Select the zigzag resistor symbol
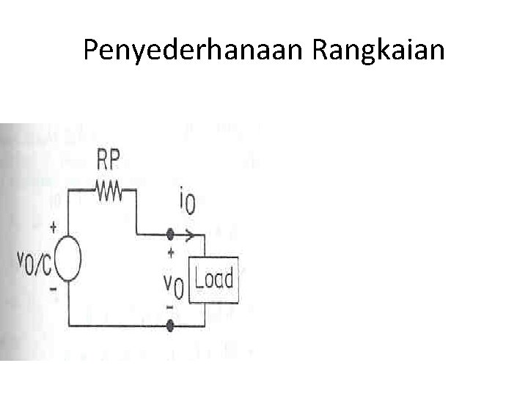[x=110, y=191]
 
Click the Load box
[x=214, y=279]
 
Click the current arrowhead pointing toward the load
[x=192, y=235]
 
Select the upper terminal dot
[x=171, y=235]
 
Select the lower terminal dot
[x=171, y=323]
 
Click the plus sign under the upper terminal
[x=171, y=252]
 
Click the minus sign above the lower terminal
[x=171, y=305]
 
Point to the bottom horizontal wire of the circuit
[x=117, y=323]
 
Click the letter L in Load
[x=200, y=280]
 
